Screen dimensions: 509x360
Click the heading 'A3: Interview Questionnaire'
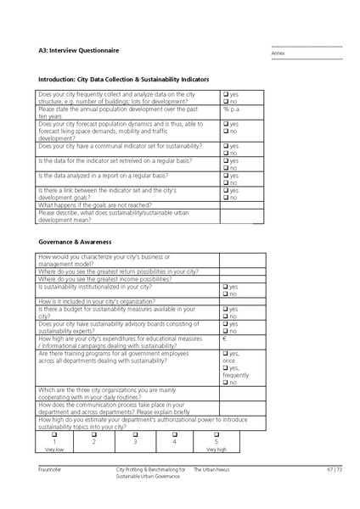click(x=79, y=51)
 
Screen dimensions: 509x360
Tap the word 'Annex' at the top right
click(x=278, y=53)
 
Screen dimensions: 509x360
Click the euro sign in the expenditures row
click(x=224, y=339)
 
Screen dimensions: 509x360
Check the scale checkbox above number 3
click(x=134, y=435)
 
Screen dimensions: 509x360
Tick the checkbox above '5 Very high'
click(x=215, y=435)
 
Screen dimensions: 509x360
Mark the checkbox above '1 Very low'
click(x=53, y=435)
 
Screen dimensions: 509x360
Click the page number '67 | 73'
click(x=333, y=469)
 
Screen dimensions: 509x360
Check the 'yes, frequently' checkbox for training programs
click(x=225, y=367)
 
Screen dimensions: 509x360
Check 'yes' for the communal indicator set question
click(x=225, y=146)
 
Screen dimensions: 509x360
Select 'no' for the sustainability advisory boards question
click(x=225, y=331)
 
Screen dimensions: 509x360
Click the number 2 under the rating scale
click(x=93, y=442)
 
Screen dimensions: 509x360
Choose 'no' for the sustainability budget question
click(x=225, y=316)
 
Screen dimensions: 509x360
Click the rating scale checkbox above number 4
click(x=175, y=435)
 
